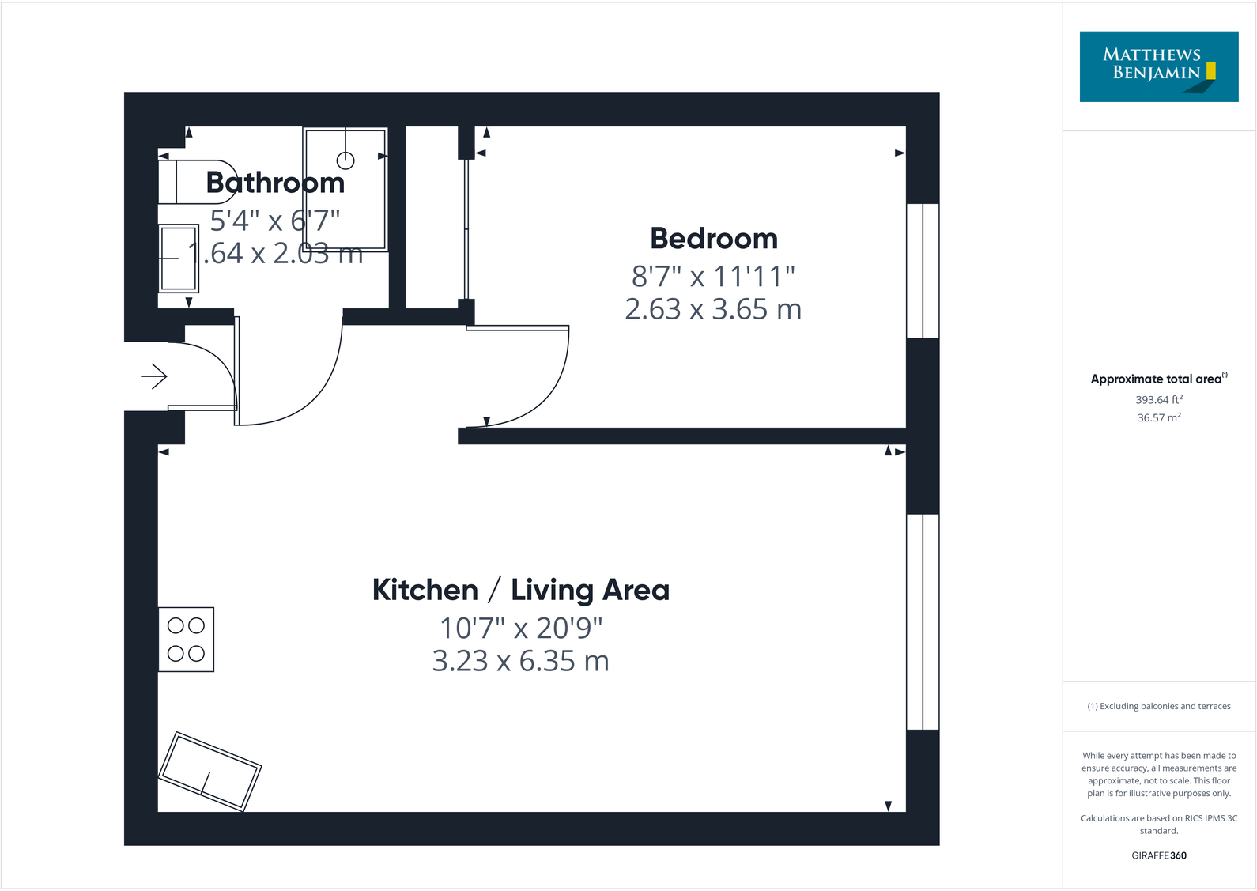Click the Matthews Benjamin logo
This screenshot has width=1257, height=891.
[x=1158, y=66]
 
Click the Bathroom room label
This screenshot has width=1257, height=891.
[x=275, y=183]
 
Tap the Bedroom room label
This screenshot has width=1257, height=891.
[x=713, y=239]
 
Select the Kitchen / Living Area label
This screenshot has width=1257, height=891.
[x=520, y=591]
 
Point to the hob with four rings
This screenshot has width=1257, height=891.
[x=187, y=640]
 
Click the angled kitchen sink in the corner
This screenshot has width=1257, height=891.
[x=210, y=772]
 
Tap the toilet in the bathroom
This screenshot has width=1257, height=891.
[x=194, y=183]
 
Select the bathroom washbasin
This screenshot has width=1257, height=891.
[x=179, y=259]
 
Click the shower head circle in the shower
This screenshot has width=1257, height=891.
[x=345, y=160]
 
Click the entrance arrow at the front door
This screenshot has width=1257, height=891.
[x=154, y=376]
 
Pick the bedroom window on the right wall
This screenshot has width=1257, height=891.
[x=923, y=270]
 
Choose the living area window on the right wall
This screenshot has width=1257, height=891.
[x=923, y=621]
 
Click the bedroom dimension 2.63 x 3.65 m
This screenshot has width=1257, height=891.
[x=713, y=309]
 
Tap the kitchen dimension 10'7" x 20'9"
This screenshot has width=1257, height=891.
[x=520, y=629]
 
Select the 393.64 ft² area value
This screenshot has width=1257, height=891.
[x=1158, y=400]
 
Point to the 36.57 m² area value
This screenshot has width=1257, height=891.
[x=1158, y=418]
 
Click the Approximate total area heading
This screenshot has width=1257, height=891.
[x=1158, y=379]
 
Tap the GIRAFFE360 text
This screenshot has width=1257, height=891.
[x=1158, y=855]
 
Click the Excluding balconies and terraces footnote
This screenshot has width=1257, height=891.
[x=1158, y=706]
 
